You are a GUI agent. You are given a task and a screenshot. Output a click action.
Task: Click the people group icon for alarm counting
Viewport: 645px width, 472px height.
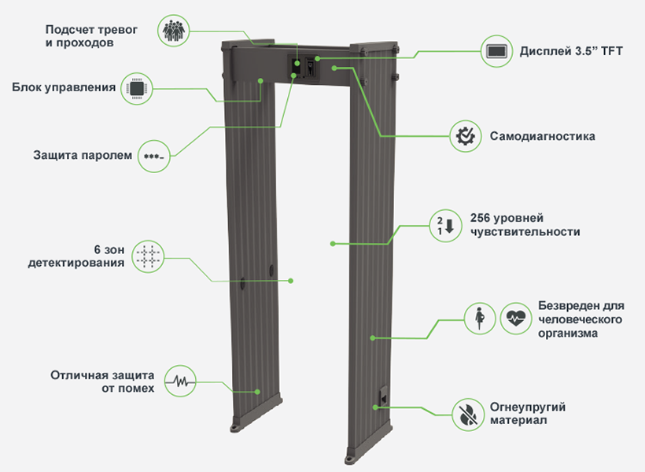(x=171, y=31)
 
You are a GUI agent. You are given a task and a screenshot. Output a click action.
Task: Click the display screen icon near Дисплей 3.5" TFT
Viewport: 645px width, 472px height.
(x=496, y=52)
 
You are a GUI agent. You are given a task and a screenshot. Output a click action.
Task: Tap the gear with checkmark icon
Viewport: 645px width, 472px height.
(x=465, y=136)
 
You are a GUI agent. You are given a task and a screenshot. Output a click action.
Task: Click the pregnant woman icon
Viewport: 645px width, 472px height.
(x=477, y=318)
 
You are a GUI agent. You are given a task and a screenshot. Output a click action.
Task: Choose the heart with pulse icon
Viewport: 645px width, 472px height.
(x=515, y=318)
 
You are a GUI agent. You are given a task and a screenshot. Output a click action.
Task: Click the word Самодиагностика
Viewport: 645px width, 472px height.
(x=542, y=137)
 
